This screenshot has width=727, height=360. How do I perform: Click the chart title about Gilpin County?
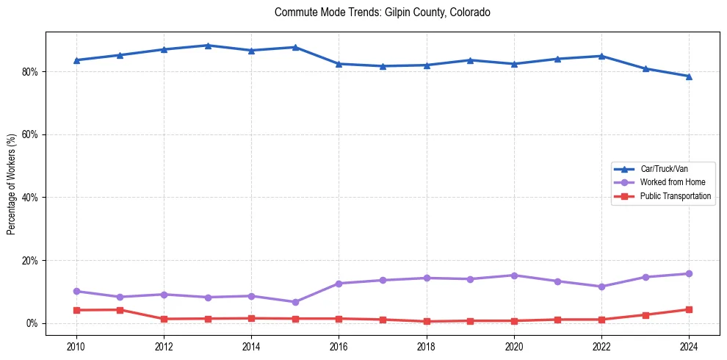pos(382,12)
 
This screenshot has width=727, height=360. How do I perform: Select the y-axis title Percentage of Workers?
pos(11,184)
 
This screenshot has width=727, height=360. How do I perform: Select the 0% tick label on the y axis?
pos(32,323)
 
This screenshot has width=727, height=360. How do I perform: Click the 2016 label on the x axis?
pos(339,346)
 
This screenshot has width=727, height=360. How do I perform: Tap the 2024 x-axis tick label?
pos(689,346)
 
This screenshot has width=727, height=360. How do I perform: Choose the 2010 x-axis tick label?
pos(76,346)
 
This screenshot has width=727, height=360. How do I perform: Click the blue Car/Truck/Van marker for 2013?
pos(208,46)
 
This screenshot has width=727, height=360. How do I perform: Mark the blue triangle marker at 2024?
pos(689,76)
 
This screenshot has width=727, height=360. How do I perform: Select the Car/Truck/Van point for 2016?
pos(339,64)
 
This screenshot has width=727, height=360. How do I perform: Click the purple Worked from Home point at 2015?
pos(295,302)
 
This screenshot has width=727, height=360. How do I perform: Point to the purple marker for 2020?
pos(514,276)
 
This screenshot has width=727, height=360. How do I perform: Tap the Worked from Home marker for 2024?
pos(689,274)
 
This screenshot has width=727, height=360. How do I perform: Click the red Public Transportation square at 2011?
pos(120,310)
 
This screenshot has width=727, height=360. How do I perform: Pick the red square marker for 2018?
pos(427,322)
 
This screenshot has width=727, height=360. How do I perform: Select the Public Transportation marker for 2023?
pos(645,315)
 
